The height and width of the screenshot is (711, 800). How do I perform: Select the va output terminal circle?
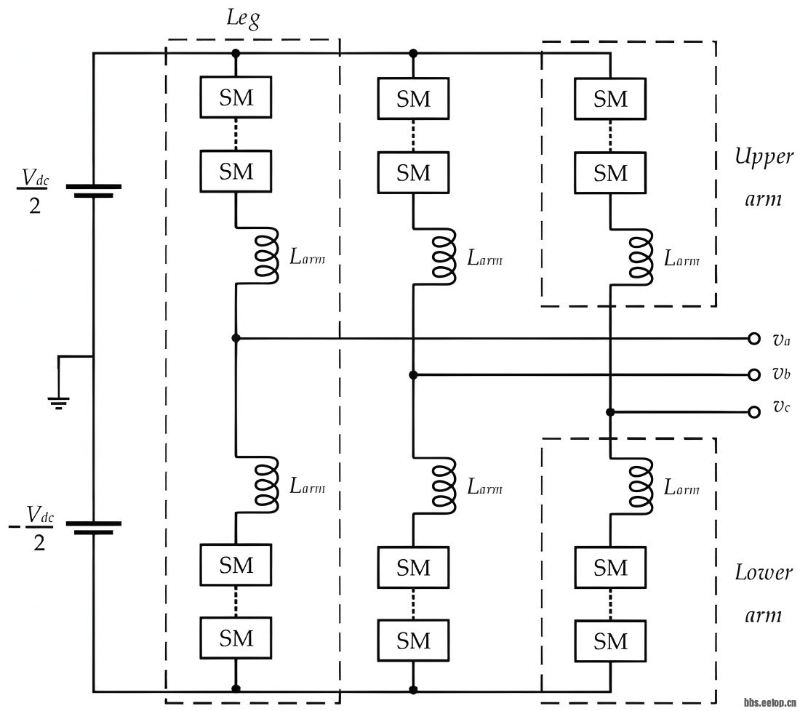pos(753,338)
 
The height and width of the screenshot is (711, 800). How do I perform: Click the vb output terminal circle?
pos(753,374)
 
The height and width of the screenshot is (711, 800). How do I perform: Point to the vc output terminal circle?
pos(753,412)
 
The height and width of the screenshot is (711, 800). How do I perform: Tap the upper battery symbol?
pos(93,190)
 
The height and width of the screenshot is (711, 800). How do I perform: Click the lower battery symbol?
pos(93,527)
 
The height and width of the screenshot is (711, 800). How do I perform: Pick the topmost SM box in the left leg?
pos(236,97)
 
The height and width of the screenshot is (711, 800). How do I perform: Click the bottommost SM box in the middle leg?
pos(413,640)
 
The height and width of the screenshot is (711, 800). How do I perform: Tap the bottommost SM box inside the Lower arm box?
pos(609,640)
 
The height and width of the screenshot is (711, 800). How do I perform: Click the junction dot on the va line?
pos(236,338)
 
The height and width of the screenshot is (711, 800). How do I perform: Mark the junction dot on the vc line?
pos(609,412)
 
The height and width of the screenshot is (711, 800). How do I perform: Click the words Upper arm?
pos(763,178)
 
